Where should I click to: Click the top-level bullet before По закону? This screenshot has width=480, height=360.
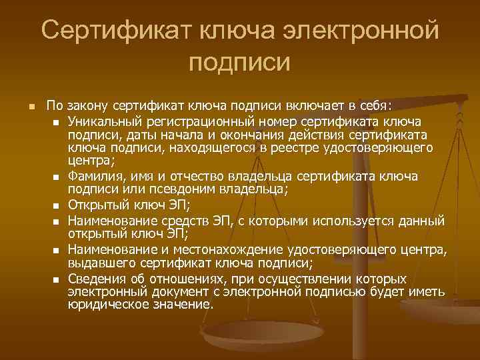coord(24,107)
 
